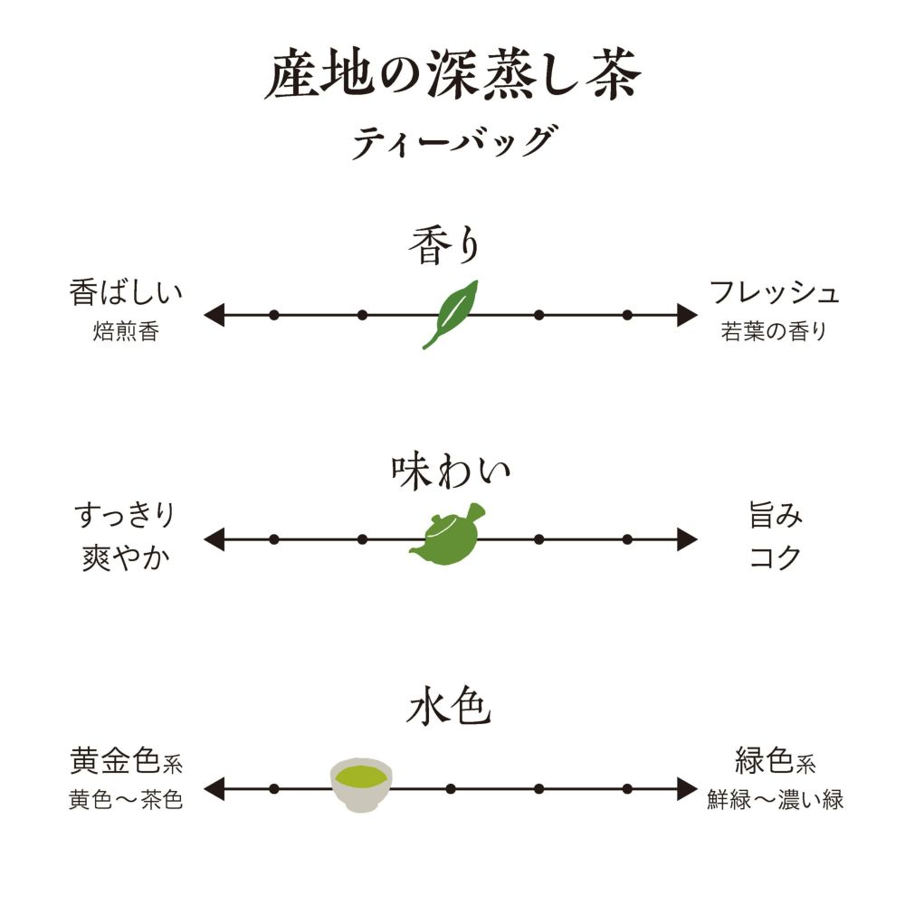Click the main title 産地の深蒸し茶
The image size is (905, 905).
pyautogui.click(x=452, y=78)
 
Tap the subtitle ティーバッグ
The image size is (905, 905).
pyautogui.click(x=452, y=143)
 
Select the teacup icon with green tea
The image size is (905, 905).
pyautogui.click(x=360, y=783)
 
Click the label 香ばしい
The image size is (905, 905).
pyautogui.click(x=127, y=293)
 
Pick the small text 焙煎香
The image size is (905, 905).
pyautogui.click(x=126, y=332)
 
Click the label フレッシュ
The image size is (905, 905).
pyautogui.click(x=775, y=293)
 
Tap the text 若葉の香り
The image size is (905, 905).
pyautogui.click(x=774, y=332)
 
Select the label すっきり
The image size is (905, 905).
pyautogui.click(x=125, y=517)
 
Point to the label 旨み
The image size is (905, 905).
pyautogui.click(x=776, y=517)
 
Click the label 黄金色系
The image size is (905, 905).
pyautogui.click(x=127, y=762)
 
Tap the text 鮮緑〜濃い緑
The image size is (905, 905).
pyautogui.click(x=776, y=801)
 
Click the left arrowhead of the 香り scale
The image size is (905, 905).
pyautogui.click(x=214, y=315)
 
